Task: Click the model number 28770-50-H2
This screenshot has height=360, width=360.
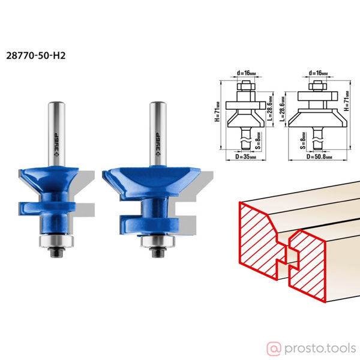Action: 36,56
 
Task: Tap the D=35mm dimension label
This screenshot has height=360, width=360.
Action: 246,157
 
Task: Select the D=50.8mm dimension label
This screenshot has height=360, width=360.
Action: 319,157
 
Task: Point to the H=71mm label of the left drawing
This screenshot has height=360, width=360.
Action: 217,112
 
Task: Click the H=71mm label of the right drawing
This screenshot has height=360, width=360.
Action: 347,101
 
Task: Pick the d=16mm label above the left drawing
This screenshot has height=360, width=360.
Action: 246,73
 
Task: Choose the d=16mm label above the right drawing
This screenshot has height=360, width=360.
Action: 318,73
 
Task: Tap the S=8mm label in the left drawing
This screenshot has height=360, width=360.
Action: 258,140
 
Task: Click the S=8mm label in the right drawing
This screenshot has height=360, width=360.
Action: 303,140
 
